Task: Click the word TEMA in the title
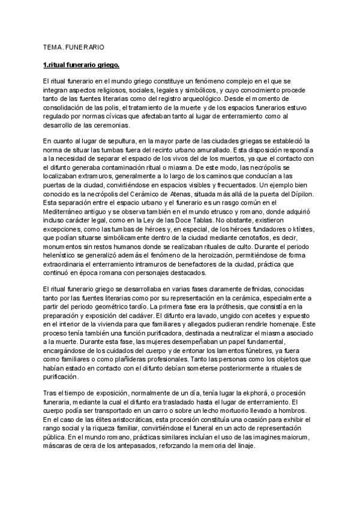53,46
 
